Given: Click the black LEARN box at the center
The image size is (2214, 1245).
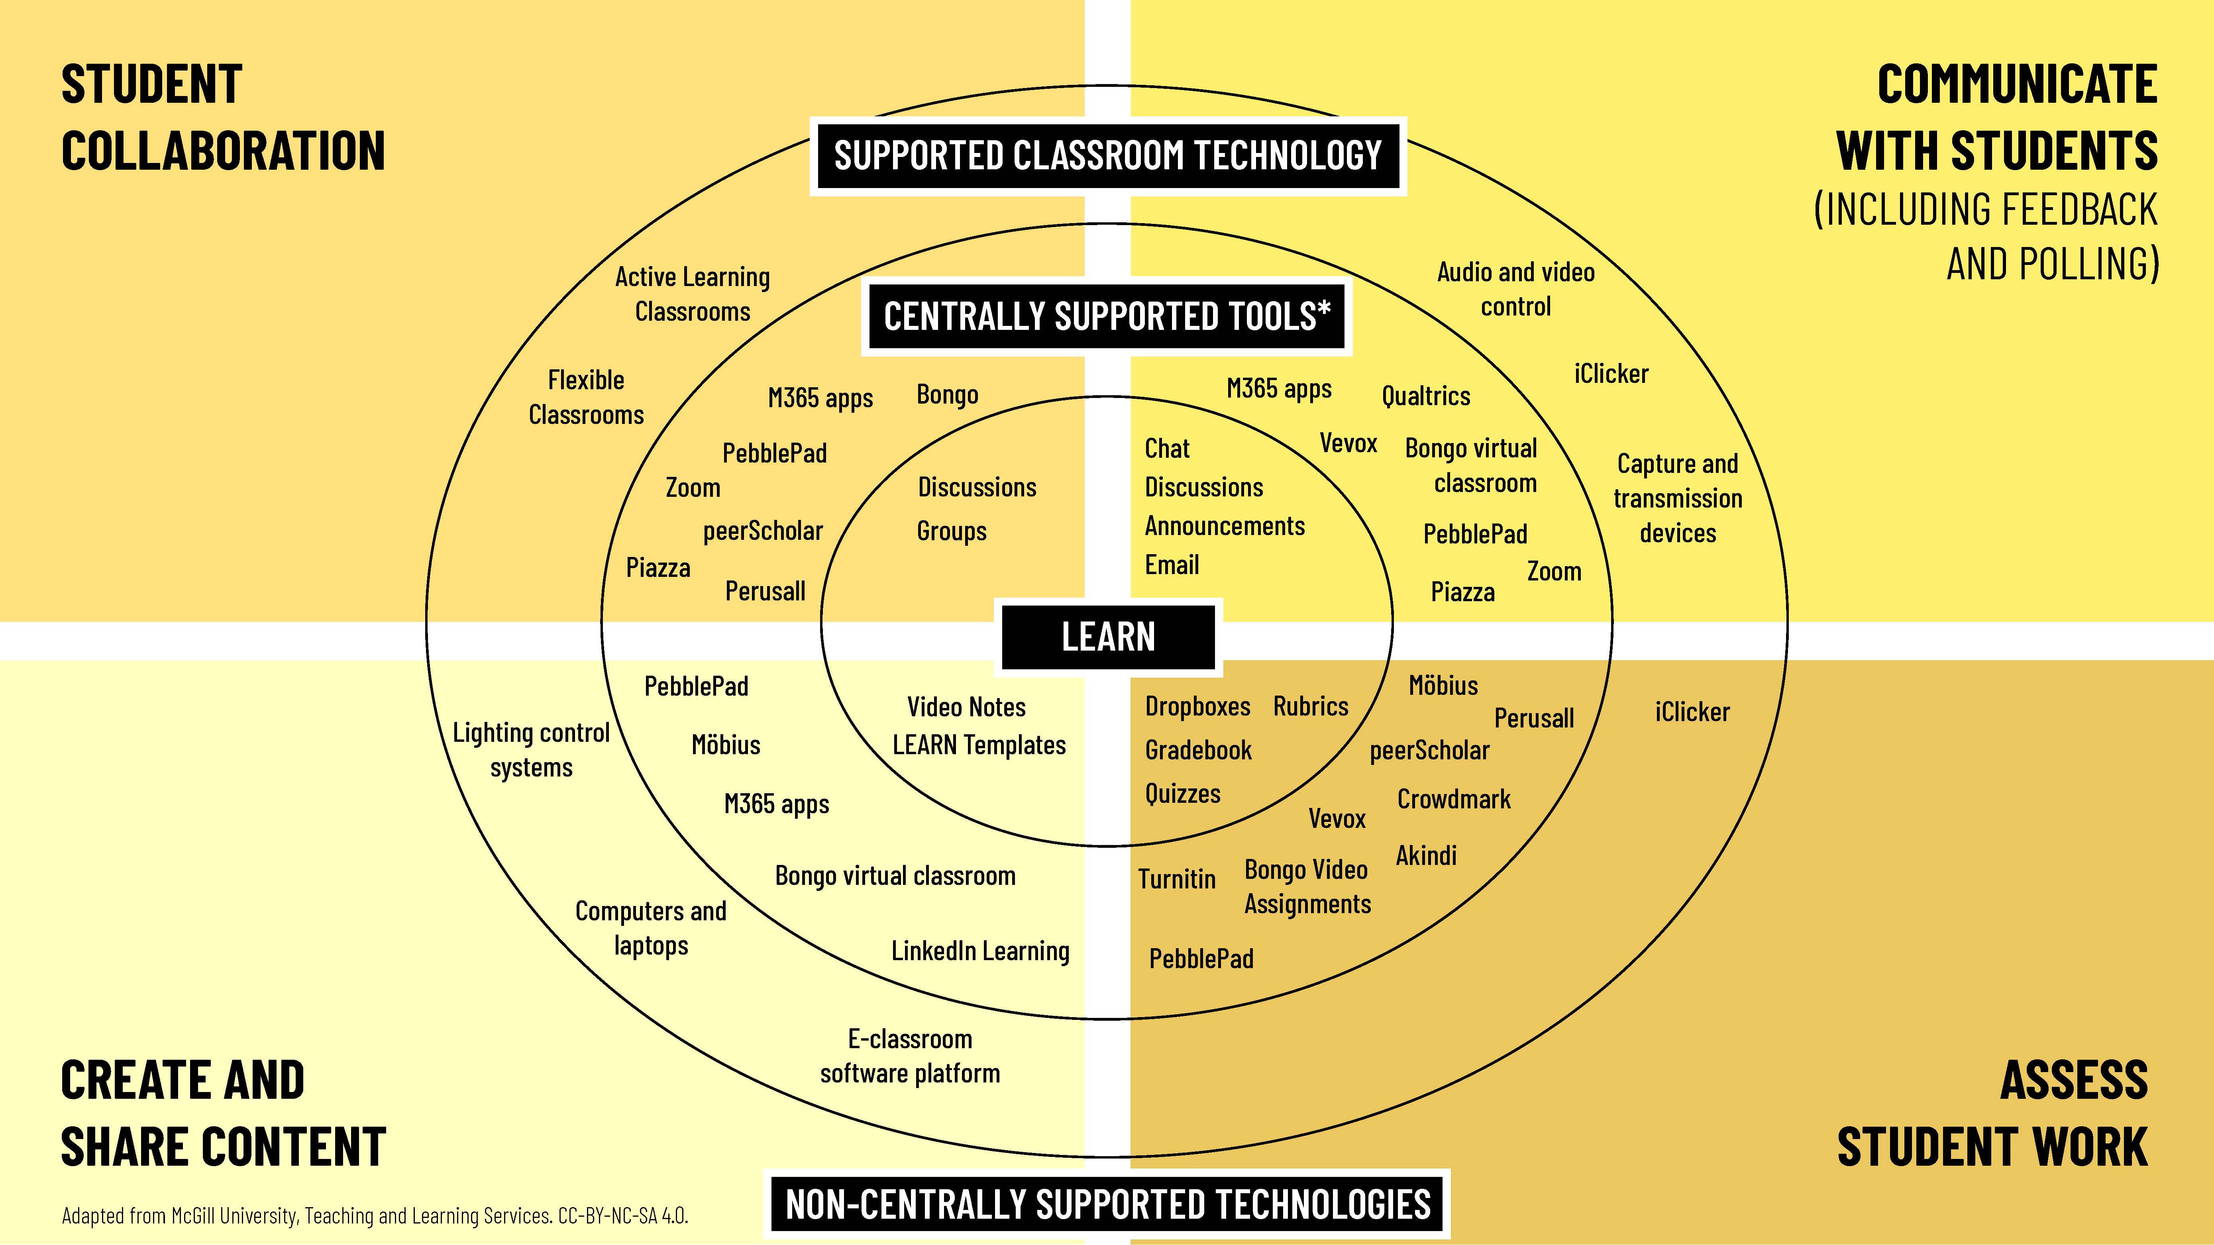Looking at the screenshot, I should [1108, 637].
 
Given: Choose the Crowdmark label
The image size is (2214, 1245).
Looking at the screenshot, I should [1453, 799].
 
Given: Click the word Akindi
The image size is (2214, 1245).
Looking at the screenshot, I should [1426, 856].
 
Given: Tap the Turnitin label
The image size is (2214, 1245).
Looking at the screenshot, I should [1177, 879].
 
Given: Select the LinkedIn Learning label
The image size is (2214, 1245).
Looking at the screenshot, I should [980, 951].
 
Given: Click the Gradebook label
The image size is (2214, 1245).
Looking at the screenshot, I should [1198, 750].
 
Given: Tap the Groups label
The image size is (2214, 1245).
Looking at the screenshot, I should [952, 531].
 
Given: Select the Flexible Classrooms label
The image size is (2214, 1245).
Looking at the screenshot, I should [586, 397].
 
